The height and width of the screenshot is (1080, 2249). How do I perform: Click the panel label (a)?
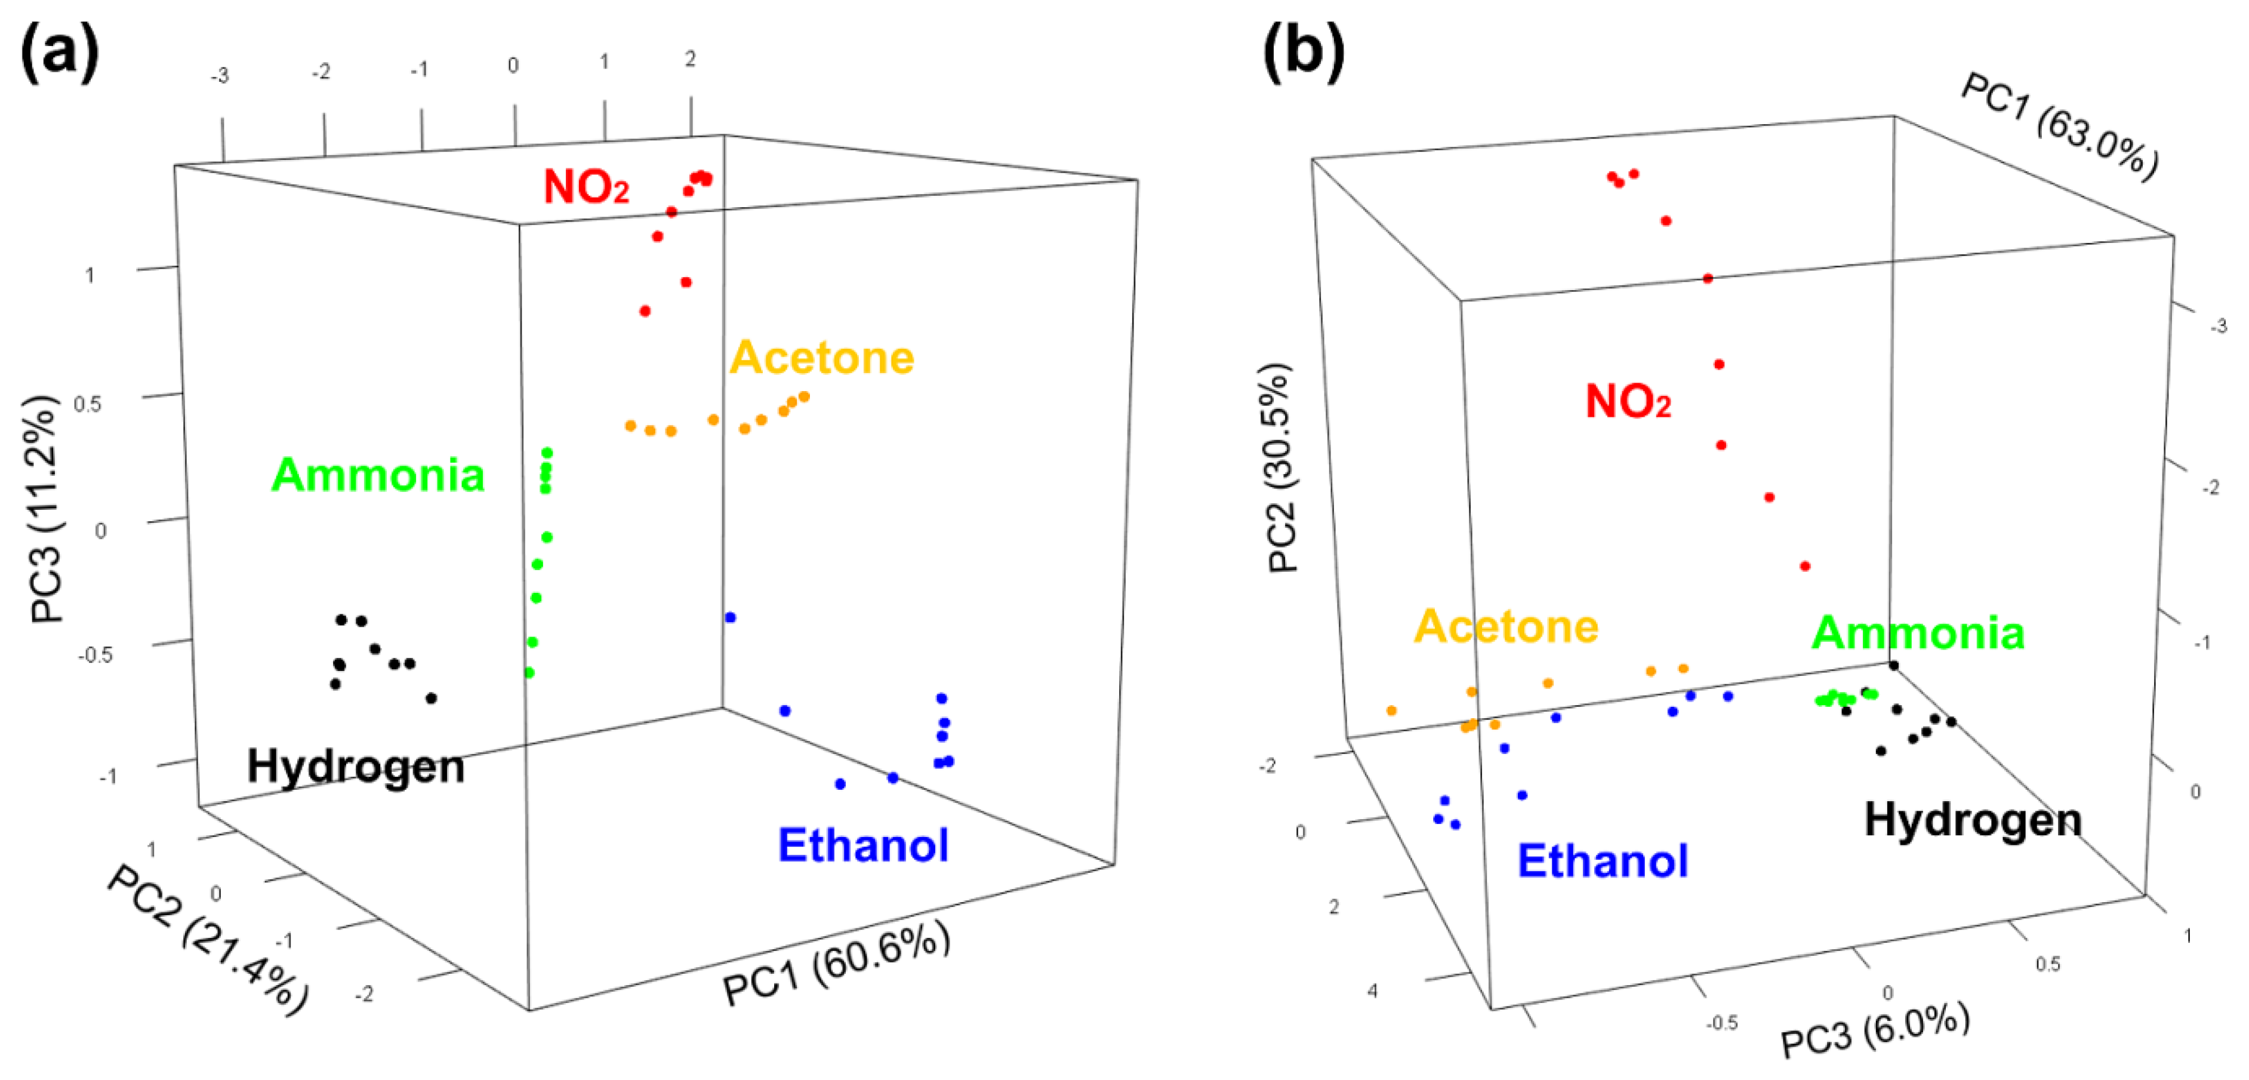[59, 54]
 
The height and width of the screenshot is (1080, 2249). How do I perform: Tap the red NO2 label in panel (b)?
[1628, 402]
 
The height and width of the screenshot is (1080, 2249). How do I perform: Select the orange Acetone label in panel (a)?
[821, 358]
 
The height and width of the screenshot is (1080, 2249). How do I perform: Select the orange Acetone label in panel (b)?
[1506, 626]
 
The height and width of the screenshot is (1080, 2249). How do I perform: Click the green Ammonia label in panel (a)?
[378, 475]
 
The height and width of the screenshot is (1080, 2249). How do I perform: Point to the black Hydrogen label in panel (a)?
[355, 767]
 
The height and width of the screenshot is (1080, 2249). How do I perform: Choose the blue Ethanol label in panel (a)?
[862, 845]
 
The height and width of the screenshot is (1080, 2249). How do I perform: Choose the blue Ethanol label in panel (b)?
[1602, 861]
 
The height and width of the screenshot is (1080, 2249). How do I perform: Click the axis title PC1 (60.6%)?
[836, 963]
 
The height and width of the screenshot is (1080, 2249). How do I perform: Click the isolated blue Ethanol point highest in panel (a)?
[731, 618]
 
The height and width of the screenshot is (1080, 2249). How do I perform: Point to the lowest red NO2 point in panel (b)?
[1804, 567]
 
